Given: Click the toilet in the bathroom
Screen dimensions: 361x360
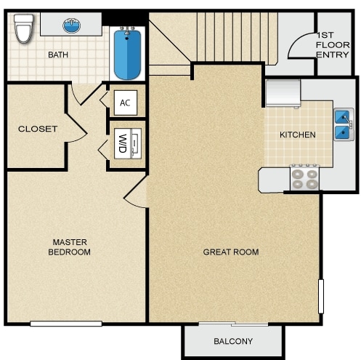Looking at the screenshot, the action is (x=23, y=28).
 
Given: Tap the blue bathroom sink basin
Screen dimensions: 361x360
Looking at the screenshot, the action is (x=71, y=25).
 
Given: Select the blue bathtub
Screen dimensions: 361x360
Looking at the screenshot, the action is (x=127, y=55).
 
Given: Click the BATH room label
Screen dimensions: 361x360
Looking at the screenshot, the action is (x=58, y=55).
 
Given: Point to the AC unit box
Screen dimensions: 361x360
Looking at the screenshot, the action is (x=126, y=103).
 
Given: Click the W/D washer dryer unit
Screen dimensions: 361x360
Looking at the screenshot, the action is (x=128, y=143).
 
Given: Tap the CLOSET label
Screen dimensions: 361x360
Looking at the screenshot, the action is (x=38, y=129).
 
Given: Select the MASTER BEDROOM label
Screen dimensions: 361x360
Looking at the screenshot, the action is (x=70, y=247).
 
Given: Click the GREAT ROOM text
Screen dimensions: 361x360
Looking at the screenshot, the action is (x=231, y=252).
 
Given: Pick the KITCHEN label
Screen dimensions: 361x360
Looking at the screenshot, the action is (x=298, y=135).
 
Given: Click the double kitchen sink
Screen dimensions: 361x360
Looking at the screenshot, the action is (x=344, y=124).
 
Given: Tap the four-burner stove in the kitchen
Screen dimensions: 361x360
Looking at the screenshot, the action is (x=305, y=177).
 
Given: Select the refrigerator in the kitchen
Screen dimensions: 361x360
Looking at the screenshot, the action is (x=283, y=94).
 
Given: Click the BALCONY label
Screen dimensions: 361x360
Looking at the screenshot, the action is (x=233, y=341).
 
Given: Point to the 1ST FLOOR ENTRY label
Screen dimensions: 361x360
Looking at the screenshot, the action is (x=333, y=45).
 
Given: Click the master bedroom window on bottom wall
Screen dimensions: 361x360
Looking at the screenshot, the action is (x=66, y=324).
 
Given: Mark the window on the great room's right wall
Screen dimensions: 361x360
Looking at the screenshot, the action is (x=321, y=296).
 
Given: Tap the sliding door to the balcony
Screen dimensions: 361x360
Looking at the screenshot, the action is (x=233, y=324).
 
